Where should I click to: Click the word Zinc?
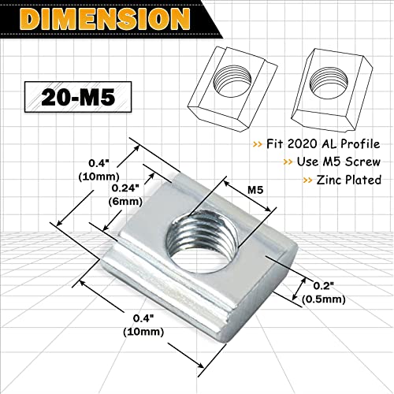(x=322, y=180)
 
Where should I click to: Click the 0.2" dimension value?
(x=314, y=286)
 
